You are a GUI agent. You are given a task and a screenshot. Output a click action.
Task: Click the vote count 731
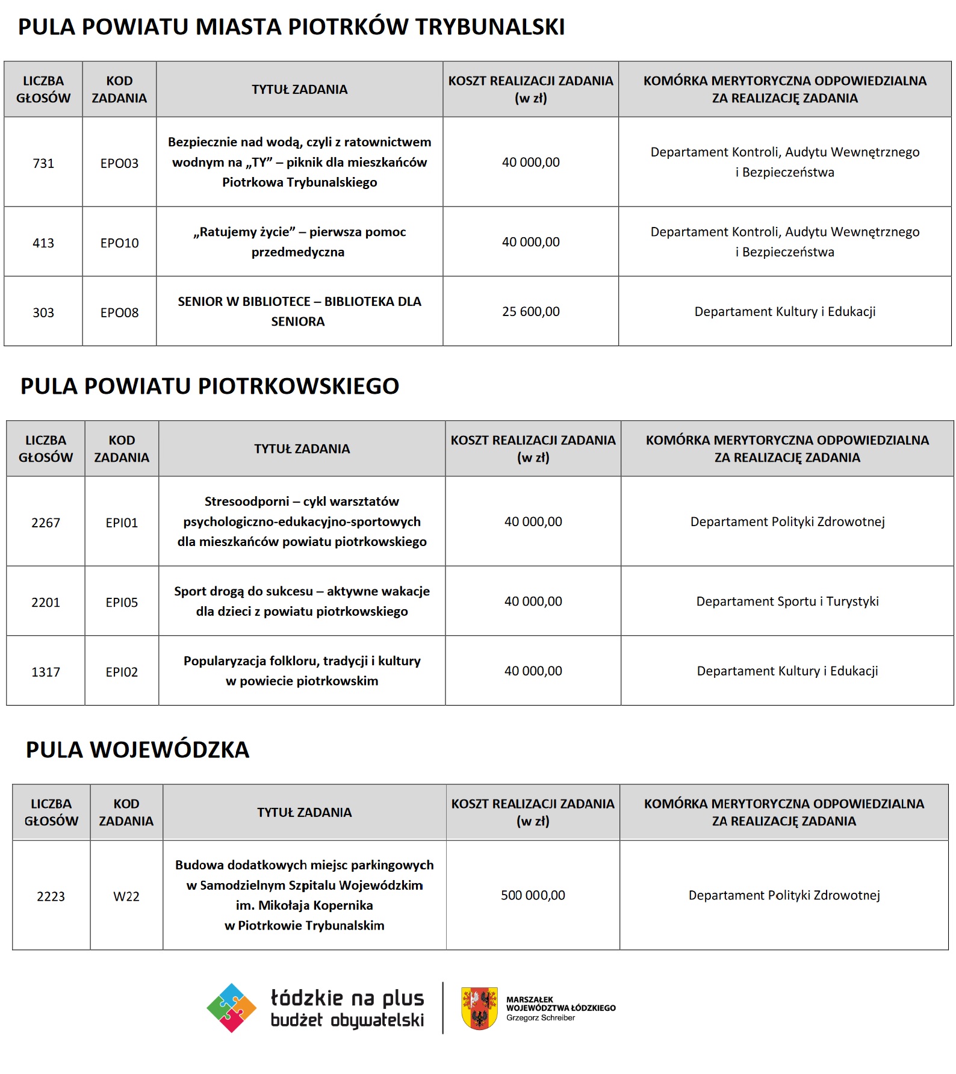point(43,163)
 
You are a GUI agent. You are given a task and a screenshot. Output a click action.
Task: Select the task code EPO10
point(119,243)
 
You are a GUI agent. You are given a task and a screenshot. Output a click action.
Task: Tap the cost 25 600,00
point(530,311)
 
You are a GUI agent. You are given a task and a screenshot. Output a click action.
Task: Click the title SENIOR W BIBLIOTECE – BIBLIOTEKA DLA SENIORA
point(299,311)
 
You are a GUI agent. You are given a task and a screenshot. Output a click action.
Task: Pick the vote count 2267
point(46,523)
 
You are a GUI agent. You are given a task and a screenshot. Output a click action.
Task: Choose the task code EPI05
point(122,602)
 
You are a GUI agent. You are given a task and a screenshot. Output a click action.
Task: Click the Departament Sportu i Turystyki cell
point(787,601)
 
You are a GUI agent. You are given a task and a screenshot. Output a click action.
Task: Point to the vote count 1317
point(46,672)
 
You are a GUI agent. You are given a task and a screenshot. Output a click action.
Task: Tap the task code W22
point(126,896)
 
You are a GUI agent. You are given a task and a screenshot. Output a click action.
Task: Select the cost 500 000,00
point(533,895)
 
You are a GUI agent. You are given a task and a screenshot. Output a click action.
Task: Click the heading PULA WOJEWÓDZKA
point(137,750)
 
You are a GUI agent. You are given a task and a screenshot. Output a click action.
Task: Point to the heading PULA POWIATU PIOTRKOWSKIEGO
point(210,386)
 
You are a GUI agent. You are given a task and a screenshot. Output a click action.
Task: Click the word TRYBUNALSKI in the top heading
point(490,27)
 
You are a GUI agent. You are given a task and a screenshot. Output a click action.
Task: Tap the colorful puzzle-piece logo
point(232,1008)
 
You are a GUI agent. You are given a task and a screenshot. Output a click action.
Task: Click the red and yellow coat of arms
point(479,1008)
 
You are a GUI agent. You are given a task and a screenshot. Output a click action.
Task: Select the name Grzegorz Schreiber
point(540,1018)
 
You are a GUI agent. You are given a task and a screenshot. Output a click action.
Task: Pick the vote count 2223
point(51,896)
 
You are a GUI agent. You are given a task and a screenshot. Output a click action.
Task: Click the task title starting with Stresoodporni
point(302,521)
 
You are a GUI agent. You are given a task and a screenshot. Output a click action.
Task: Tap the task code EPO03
point(119,163)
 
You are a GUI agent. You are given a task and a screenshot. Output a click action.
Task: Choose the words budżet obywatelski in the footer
point(347,1020)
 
